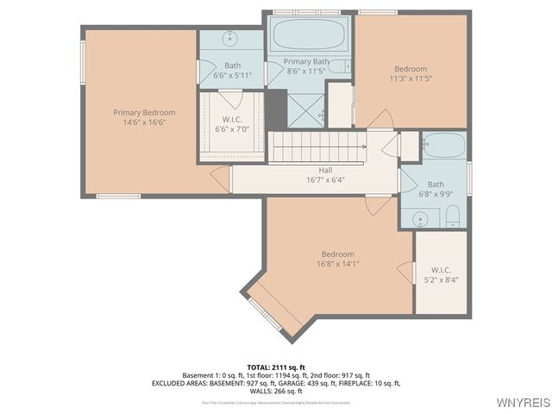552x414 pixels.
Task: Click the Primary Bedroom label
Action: click(144, 112)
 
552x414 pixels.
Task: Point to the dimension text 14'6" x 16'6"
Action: click(144, 122)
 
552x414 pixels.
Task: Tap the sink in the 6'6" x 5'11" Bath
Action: click(231, 40)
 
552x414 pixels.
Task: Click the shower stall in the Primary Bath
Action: click(307, 110)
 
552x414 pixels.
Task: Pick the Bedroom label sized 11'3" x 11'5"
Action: click(410, 69)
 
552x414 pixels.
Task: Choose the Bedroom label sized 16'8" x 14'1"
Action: click(337, 254)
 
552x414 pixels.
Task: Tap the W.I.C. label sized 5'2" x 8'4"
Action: click(441, 270)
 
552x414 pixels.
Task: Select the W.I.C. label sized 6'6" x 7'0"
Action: click(231, 119)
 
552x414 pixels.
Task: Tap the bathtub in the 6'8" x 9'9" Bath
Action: click(445, 145)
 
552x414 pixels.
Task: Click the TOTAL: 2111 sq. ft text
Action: click(276, 367)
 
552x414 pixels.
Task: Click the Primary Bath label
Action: click(307, 62)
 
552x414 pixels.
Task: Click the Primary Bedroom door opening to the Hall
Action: click(222, 179)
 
